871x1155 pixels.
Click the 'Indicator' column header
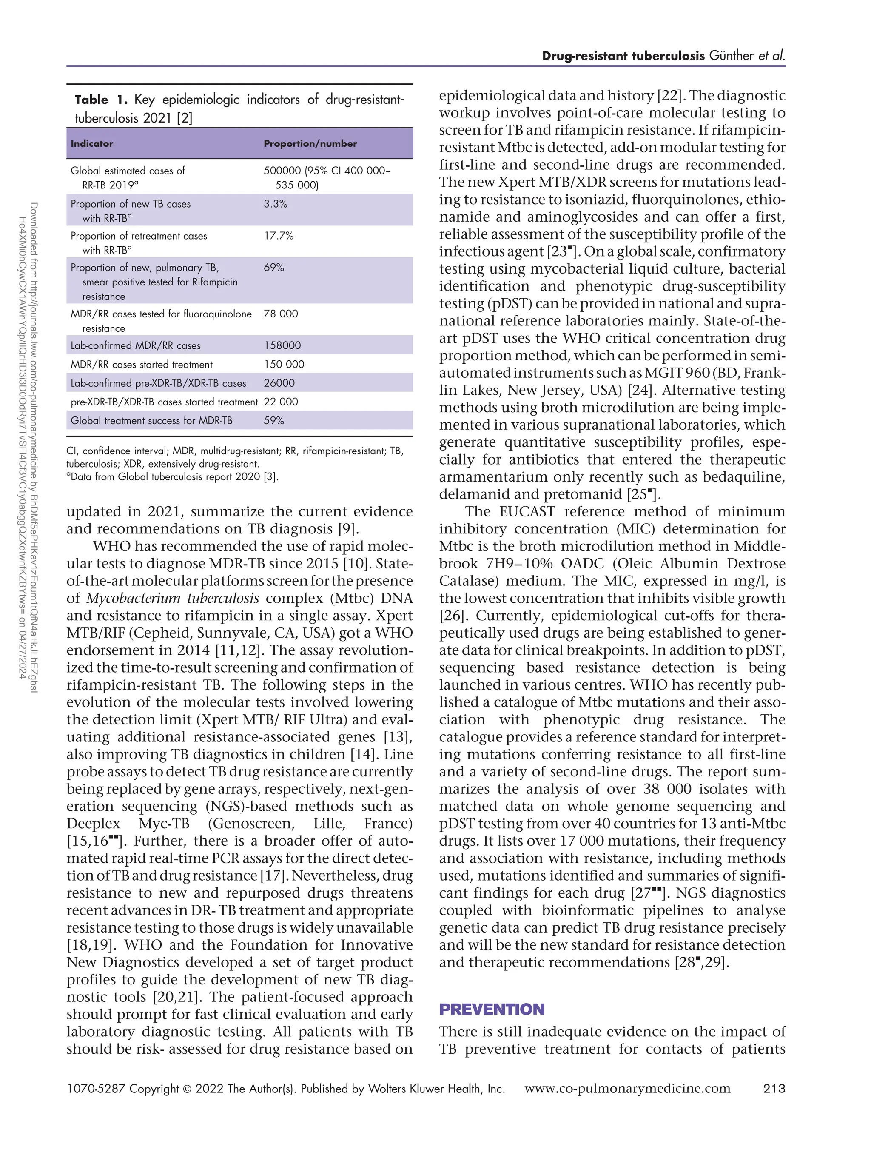point(92,144)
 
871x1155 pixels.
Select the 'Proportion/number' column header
point(310,144)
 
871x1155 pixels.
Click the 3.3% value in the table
point(276,204)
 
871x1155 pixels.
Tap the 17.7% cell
point(279,236)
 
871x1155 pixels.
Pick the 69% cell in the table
point(274,267)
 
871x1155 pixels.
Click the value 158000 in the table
point(282,345)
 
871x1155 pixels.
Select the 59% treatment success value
point(274,420)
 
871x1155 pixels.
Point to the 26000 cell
point(279,383)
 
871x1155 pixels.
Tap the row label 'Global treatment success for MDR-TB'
point(151,420)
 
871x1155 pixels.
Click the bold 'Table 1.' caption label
point(101,100)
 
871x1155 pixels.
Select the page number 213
point(774,1089)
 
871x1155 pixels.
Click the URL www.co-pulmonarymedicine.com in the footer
point(627,1089)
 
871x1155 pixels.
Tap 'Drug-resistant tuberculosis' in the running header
point(623,56)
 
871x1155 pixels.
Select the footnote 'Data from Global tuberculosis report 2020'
point(174,477)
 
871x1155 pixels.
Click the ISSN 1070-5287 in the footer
point(96,1089)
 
